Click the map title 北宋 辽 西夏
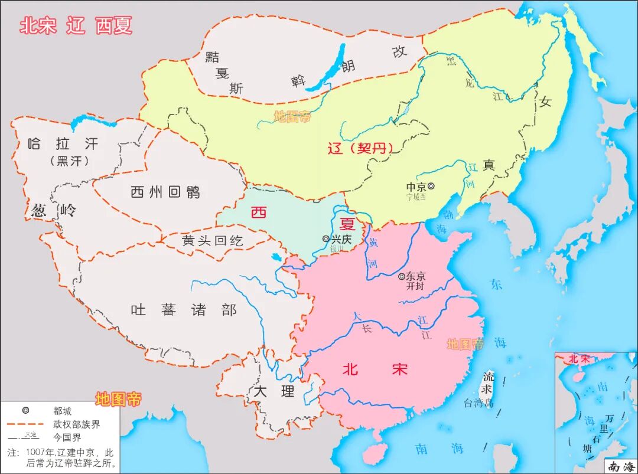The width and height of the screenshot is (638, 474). pyautogui.click(x=76, y=25)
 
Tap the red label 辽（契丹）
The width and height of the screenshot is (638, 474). pyautogui.click(x=360, y=148)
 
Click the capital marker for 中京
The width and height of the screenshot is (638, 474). pyautogui.click(x=431, y=187)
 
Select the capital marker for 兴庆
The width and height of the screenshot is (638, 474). pyautogui.click(x=326, y=238)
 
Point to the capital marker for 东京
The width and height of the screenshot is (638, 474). pyautogui.click(x=402, y=276)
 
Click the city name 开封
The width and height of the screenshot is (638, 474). pyautogui.click(x=415, y=286)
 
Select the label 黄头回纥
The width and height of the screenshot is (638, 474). pyautogui.click(x=213, y=241)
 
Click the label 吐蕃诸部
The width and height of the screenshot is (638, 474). pyautogui.click(x=184, y=310)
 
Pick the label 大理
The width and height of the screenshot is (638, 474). pyautogui.click(x=273, y=391)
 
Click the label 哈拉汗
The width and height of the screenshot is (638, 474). pyautogui.click(x=63, y=143)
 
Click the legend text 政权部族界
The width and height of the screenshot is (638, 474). pyautogui.click(x=76, y=424)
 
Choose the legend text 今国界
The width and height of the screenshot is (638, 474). pyautogui.click(x=67, y=437)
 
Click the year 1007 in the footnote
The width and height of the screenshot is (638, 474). pyautogui.click(x=37, y=452)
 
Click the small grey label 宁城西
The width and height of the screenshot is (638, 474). pyautogui.click(x=416, y=197)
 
